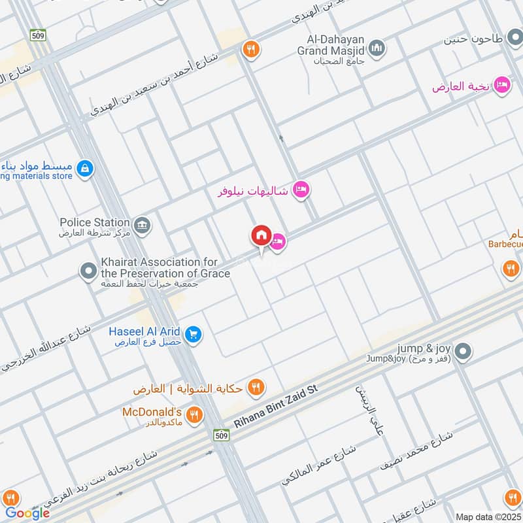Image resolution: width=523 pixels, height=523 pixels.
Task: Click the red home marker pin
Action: [x=261, y=236]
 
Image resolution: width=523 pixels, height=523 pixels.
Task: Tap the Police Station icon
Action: [x=143, y=226]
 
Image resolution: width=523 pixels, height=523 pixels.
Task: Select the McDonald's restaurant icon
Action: [x=194, y=414]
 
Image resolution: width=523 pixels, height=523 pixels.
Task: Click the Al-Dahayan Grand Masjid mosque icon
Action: [x=377, y=48]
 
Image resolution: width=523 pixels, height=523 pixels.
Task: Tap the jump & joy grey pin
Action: [x=463, y=352]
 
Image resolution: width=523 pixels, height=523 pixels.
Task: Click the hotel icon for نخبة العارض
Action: [x=501, y=86]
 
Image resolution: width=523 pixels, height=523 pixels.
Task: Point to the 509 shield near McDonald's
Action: [x=222, y=434]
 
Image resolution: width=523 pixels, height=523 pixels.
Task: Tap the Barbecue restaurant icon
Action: [x=511, y=267]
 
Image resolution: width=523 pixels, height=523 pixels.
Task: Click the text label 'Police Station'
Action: [x=95, y=222]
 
